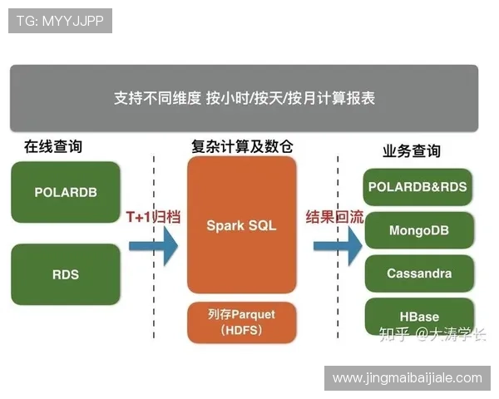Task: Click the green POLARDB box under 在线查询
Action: coord(66,192)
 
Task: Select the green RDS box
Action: coord(66,274)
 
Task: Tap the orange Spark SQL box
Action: coord(241,225)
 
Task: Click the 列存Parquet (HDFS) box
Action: coord(241,323)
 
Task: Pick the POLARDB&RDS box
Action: coord(418,187)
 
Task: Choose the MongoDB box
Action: coord(418,230)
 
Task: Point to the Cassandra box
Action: coord(418,273)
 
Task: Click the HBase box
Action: coord(418,317)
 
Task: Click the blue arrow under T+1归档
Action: coord(153,245)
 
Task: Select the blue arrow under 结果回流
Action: coord(337,245)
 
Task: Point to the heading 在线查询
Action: coord(53,146)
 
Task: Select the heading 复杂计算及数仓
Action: coord(241,146)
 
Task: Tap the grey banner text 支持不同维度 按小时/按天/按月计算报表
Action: coord(244,98)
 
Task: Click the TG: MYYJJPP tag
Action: coord(60,21)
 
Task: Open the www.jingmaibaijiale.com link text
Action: coord(407,378)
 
